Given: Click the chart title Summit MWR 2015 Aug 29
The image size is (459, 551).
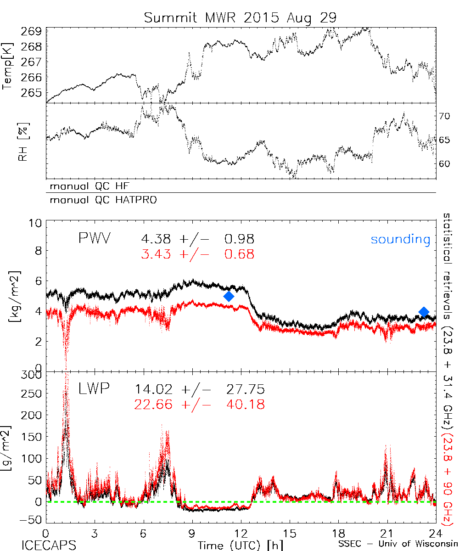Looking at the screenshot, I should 240,17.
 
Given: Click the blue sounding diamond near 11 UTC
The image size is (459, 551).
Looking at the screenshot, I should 229,297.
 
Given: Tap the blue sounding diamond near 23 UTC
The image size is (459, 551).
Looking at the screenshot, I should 424,312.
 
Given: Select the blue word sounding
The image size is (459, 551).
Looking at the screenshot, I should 401,239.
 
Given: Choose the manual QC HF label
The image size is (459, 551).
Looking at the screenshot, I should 87,186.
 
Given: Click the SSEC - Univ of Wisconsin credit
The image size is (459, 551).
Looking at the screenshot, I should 398,545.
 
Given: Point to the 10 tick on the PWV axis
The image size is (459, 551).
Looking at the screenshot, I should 36,224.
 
